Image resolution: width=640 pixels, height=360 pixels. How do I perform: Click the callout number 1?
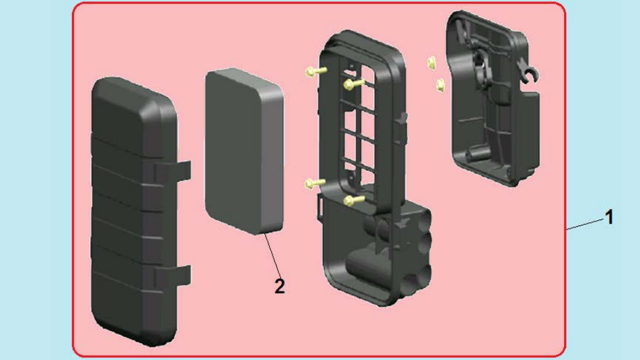[609, 217]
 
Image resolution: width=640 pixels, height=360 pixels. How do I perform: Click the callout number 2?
[280, 286]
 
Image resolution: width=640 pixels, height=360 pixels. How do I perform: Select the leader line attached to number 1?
[585, 225]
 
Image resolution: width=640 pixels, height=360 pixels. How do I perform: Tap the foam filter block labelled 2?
[244, 151]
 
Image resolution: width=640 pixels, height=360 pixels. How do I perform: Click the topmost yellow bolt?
[315, 71]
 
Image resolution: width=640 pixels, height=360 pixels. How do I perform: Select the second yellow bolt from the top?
[354, 84]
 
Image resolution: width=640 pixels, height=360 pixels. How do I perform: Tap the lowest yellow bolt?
[354, 200]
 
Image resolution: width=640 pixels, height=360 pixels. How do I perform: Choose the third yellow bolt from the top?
[315, 183]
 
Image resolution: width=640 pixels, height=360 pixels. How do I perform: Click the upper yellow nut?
[431, 63]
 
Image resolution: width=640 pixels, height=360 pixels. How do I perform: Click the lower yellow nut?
[440, 85]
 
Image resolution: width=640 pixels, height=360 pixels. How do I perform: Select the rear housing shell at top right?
[494, 98]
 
